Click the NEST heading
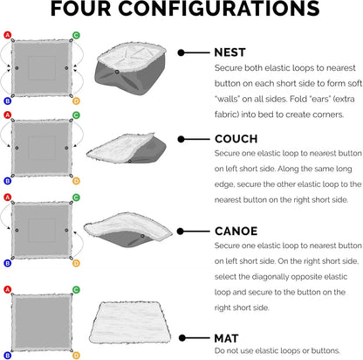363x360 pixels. [x=229, y=52]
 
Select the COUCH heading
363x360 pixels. [x=236, y=139]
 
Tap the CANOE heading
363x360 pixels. [x=236, y=232]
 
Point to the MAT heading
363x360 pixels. [x=226, y=338]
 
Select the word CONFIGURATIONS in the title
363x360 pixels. [x=219, y=9]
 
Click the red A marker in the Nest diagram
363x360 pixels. [x=7, y=35]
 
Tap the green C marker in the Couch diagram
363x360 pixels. [x=76, y=115]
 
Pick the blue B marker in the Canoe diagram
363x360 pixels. [x=7, y=263]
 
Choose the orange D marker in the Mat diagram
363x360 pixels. [x=76, y=356]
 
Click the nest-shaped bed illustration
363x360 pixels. [x=131, y=69]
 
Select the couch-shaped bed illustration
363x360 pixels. [x=127, y=149]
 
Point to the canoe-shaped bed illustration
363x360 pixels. [x=128, y=230]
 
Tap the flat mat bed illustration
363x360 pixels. [x=130, y=322]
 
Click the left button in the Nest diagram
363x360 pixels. [x=17, y=68]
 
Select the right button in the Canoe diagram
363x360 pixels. [x=66, y=230]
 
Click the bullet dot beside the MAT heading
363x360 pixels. [x=182, y=338]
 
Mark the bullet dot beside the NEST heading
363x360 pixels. [x=181, y=52]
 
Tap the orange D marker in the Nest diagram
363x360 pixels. [x=76, y=101]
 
